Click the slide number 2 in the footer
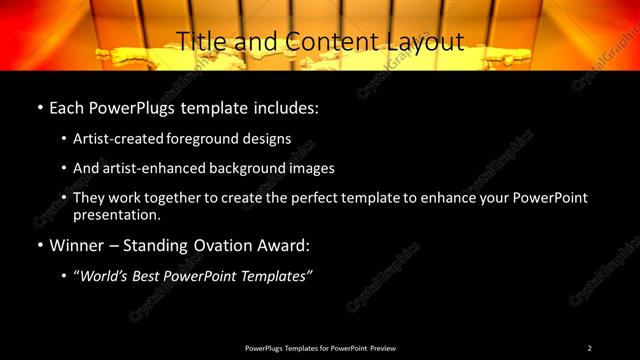[x=589, y=347]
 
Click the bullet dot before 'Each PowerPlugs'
[x=39, y=106]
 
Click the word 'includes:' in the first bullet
[x=289, y=106]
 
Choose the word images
[x=307, y=168]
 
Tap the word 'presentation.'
[x=116, y=214]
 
